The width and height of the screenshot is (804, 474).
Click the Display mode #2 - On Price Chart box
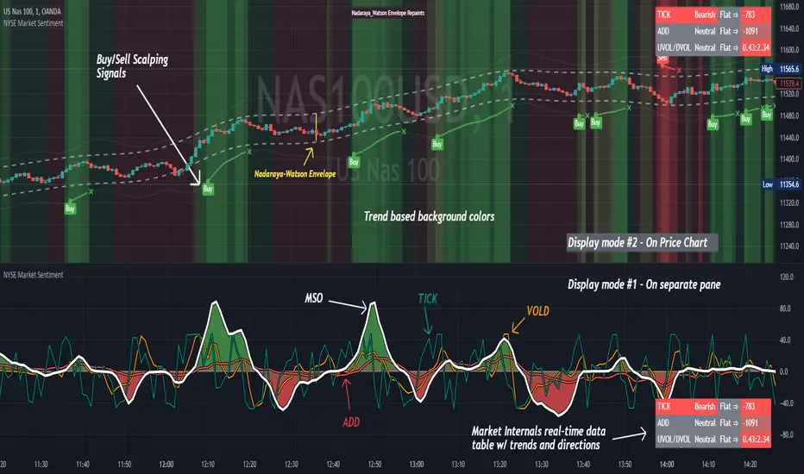click(x=642, y=243)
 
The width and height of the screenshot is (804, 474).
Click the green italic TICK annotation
click(x=428, y=298)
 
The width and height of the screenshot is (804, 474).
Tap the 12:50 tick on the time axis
click(x=374, y=463)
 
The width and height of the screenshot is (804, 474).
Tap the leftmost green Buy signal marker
click(x=70, y=207)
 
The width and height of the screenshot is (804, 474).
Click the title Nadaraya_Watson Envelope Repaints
click(x=389, y=14)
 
